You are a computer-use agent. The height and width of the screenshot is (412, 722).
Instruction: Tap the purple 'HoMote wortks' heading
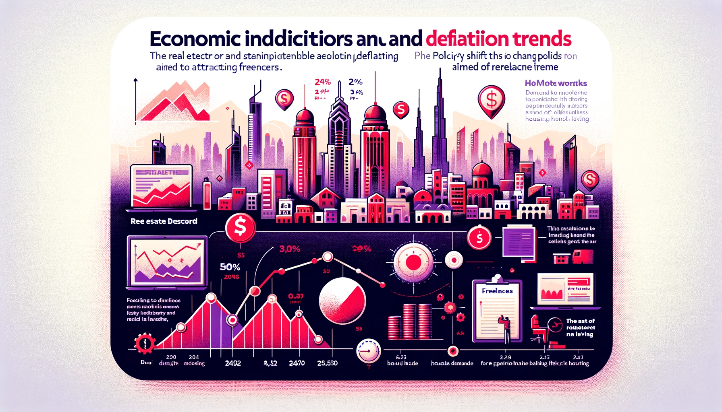(x=556, y=83)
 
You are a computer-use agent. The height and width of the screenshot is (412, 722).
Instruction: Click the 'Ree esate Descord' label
(x=164, y=221)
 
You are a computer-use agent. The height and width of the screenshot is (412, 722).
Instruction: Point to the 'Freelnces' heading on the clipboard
(x=497, y=291)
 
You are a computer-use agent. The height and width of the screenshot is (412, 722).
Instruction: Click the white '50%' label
(x=230, y=267)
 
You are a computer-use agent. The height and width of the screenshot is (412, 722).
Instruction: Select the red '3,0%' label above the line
(x=290, y=249)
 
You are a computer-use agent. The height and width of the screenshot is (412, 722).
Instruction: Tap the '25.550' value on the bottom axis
(x=327, y=363)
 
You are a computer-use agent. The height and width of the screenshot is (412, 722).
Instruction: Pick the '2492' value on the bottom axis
(x=233, y=363)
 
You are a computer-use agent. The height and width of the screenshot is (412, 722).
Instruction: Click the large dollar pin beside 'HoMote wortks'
(x=491, y=100)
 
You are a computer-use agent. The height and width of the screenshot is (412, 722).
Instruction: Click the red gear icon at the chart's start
(x=144, y=343)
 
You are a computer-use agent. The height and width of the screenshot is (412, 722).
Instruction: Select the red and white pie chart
(x=342, y=301)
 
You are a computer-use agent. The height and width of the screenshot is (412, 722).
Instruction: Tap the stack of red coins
(x=409, y=321)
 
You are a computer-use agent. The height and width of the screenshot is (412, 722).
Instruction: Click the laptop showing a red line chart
(x=162, y=189)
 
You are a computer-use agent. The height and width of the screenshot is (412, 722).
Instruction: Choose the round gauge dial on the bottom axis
(x=368, y=351)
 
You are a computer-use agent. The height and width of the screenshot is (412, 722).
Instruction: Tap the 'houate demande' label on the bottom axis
(x=452, y=363)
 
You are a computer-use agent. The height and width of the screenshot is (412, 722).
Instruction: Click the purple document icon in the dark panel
(x=519, y=241)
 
